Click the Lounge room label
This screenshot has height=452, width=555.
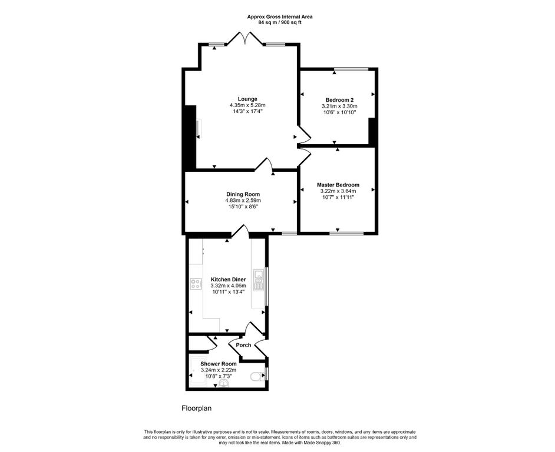[247, 99]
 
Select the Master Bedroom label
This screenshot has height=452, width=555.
[338, 185]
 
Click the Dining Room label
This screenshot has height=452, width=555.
[243, 194]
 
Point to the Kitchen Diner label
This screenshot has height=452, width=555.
[228, 280]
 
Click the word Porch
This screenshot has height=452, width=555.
[243, 345]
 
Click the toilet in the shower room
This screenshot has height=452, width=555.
[256, 376]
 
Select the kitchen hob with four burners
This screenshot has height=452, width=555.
[196, 284]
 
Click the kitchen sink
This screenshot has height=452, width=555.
[259, 280]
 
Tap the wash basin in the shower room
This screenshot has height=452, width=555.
[224, 384]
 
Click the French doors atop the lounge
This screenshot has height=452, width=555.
[245, 38]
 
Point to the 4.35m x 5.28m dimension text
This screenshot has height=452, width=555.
[247, 105]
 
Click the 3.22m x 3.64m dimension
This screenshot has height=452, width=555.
[338, 191]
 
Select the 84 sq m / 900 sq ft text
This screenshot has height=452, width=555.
[280, 22]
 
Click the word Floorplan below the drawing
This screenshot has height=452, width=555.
[196, 408]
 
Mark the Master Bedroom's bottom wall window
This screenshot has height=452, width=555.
[346, 233]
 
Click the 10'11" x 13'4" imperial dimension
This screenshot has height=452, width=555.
[228, 292]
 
